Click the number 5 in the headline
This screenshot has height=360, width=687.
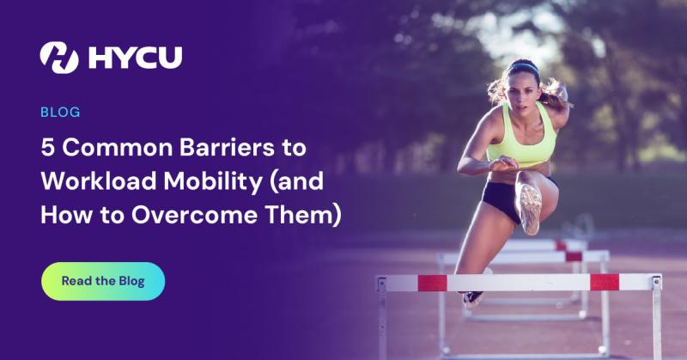(47, 148)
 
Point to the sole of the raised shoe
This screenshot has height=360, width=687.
(531, 205)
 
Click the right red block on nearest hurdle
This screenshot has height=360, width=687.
(605, 281)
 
